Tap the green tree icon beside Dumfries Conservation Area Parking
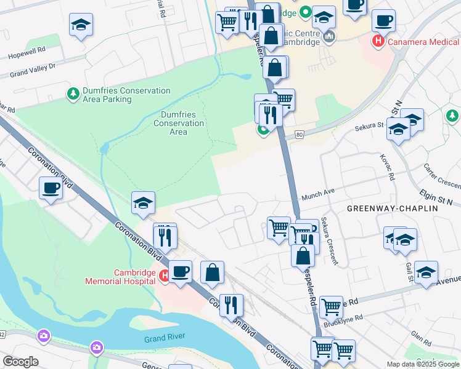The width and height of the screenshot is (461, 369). click(x=73, y=94)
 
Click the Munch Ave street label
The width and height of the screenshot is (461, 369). click(x=317, y=195)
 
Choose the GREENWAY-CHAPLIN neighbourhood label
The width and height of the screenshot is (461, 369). click(x=392, y=208)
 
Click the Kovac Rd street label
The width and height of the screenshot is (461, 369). click(x=387, y=167)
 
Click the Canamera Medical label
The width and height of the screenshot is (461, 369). click(x=422, y=41)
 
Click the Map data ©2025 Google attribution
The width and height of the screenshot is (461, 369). click(x=423, y=364)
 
